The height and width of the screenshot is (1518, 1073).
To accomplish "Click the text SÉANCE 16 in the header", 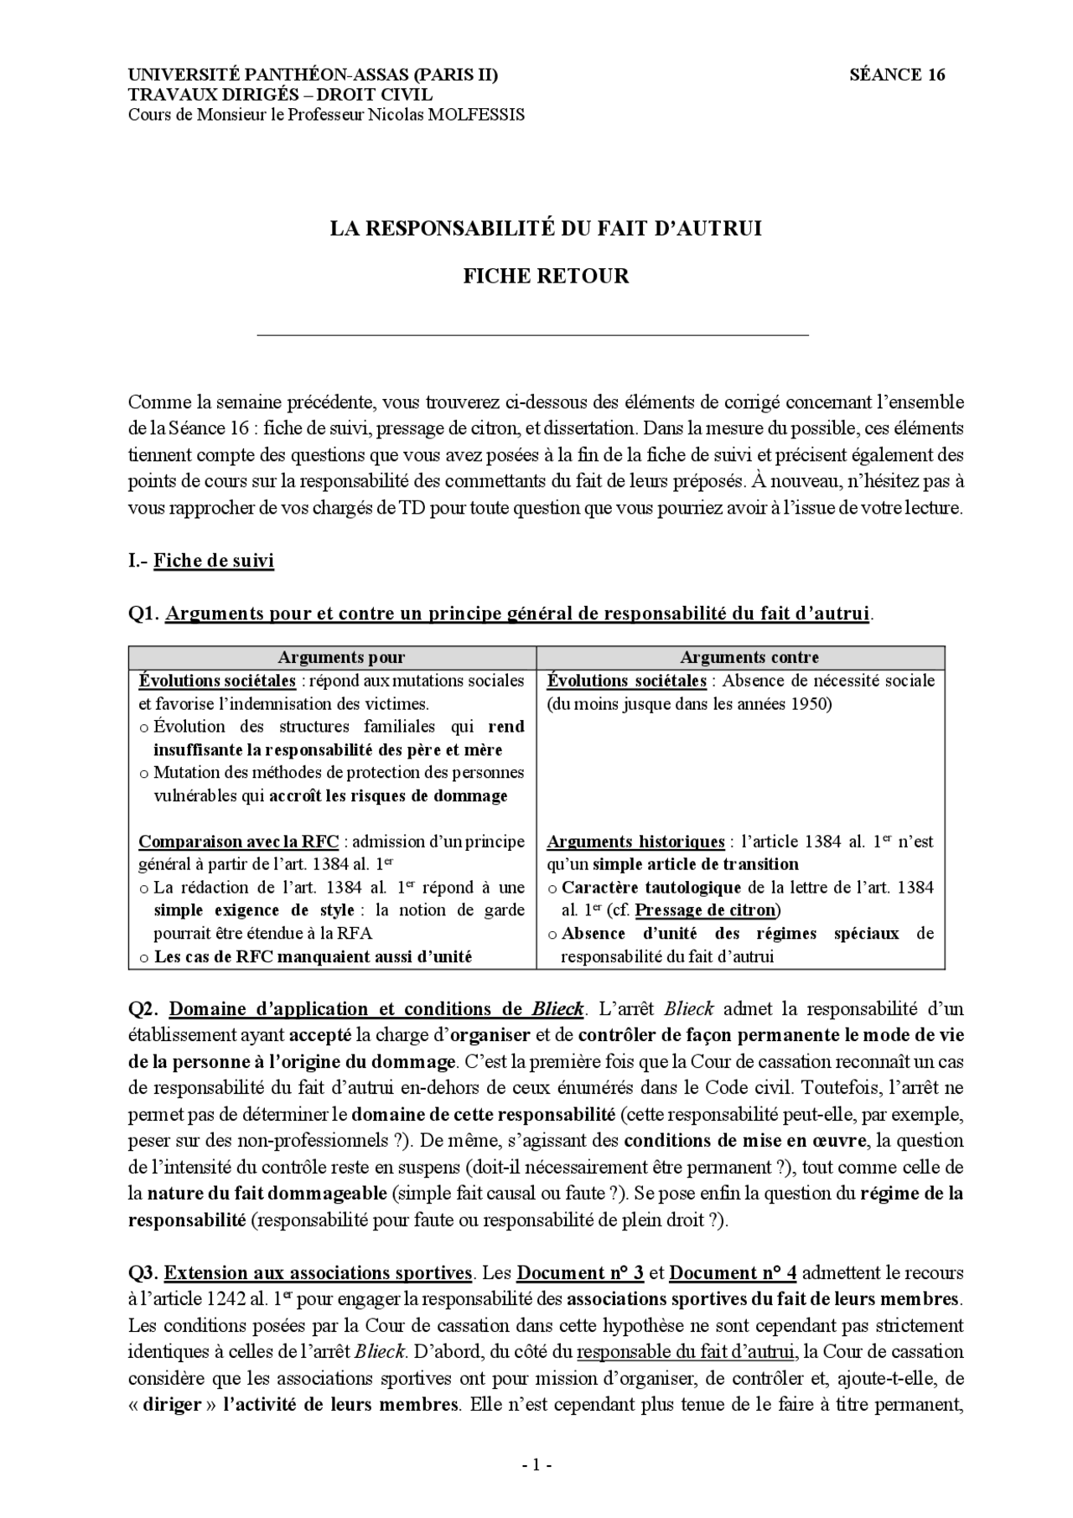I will (x=897, y=75).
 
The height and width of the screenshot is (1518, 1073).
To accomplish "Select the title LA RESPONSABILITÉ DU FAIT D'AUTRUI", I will (x=545, y=228).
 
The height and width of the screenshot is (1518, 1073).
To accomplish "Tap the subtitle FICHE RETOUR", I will (x=546, y=276).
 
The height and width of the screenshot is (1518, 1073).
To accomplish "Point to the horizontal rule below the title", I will (x=532, y=335).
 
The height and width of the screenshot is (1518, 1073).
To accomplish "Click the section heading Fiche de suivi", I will (x=213, y=561).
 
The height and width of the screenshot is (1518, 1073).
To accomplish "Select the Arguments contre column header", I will (x=749, y=658).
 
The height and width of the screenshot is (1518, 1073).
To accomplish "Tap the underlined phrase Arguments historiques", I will (x=635, y=842).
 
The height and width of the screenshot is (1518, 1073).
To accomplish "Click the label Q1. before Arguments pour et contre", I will (x=143, y=614).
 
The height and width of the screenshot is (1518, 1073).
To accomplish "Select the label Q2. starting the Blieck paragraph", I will (x=143, y=1009).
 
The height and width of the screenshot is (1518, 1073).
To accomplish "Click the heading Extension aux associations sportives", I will (x=317, y=1273).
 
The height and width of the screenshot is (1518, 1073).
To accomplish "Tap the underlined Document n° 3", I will (x=580, y=1273).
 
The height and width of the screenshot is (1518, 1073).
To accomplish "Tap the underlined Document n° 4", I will (x=733, y=1273).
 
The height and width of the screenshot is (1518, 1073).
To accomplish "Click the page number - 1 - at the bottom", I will (x=536, y=1466).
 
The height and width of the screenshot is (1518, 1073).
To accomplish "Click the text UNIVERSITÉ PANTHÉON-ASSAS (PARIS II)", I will (x=313, y=75).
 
